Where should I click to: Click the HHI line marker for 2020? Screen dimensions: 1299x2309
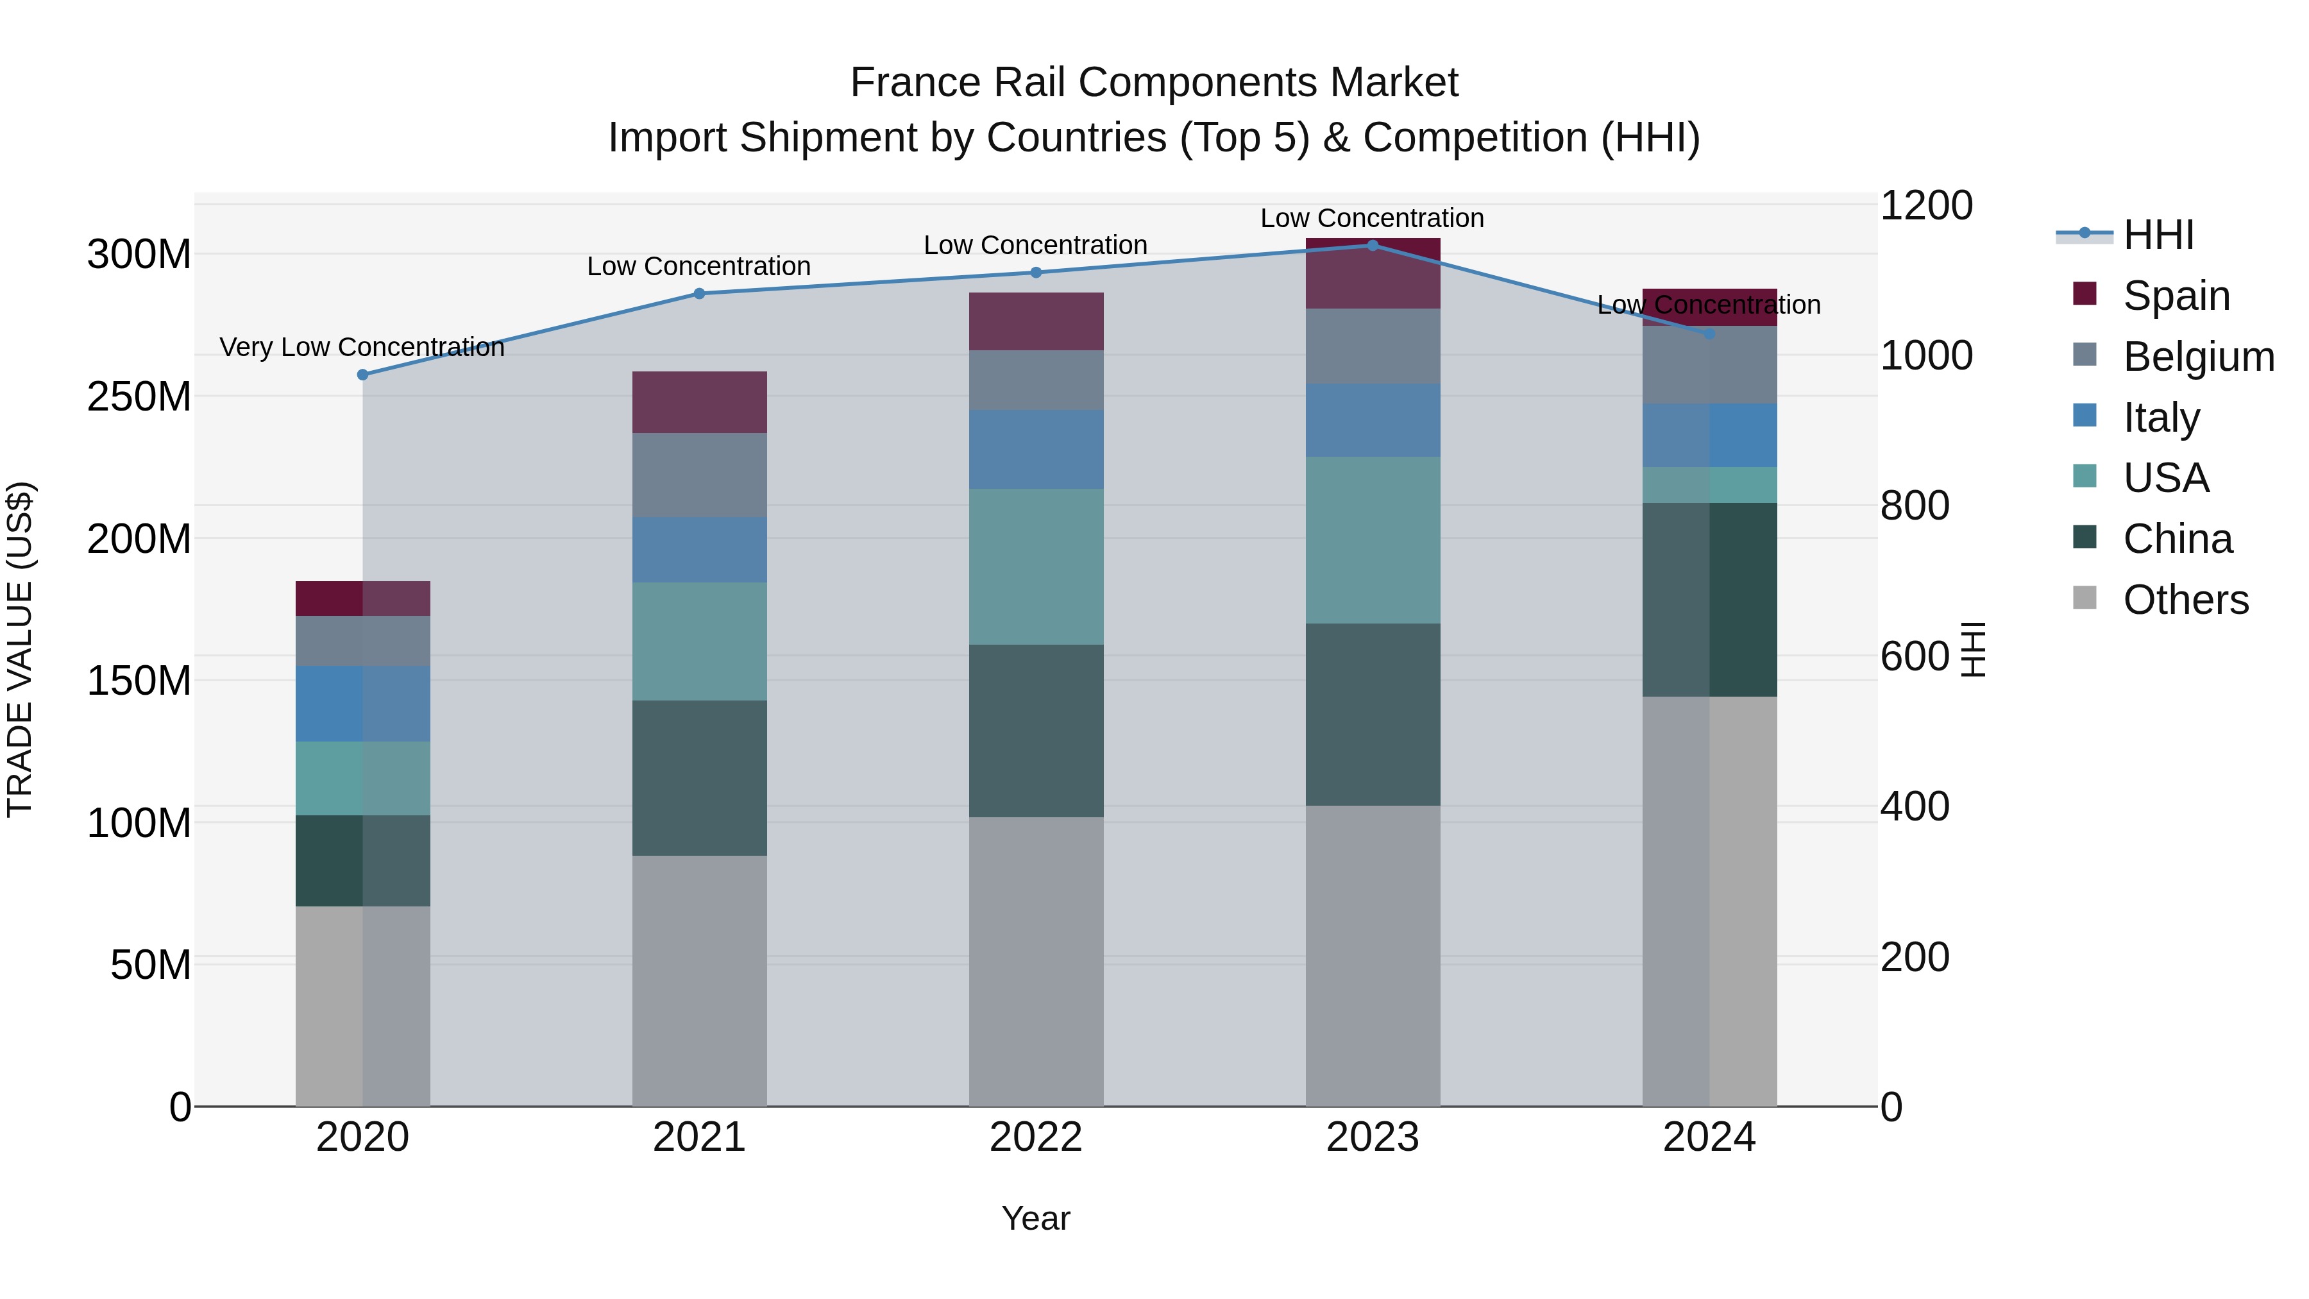click(363, 375)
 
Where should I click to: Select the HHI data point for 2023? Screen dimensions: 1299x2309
click(1373, 245)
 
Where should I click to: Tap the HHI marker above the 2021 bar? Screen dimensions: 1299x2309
click(699, 293)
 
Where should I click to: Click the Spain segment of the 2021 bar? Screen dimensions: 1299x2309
click(699, 402)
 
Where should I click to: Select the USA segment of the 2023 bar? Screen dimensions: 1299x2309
click(1373, 539)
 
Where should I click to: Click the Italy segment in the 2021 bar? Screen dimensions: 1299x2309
click(699, 550)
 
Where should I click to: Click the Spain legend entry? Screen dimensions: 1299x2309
click(2176, 296)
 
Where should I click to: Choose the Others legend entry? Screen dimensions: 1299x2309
click(2185, 600)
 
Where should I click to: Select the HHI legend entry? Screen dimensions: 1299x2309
click(2158, 235)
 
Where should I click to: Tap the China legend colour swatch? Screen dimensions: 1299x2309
click(2085, 538)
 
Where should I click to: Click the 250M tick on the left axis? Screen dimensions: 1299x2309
click(139, 396)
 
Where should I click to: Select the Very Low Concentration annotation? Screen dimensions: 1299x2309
click(362, 347)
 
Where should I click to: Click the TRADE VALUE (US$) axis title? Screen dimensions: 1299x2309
click(20, 649)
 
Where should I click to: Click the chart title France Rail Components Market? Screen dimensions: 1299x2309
click(1154, 83)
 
